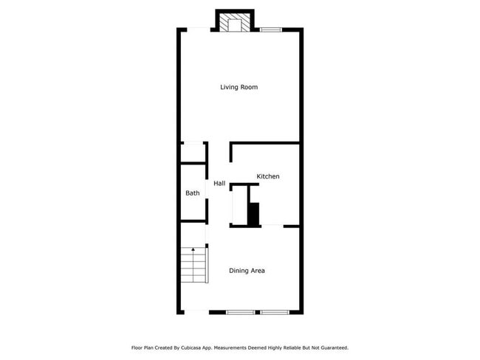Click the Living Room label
pyautogui.click(x=239, y=87)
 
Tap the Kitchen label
pyautogui.click(x=268, y=176)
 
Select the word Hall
pyautogui.click(x=219, y=183)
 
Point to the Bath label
pyautogui.click(x=192, y=193)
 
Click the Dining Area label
pyautogui.click(x=247, y=271)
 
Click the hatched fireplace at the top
pyautogui.click(x=235, y=23)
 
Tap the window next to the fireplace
pyautogui.click(x=270, y=30)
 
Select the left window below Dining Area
pyautogui.click(x=240, y=312)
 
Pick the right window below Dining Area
pyautogui.click(x=273, y=312)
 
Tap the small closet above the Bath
pyautogui.click(x=193, y=153)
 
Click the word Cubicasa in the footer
pyautogui.click(x=194, y=347)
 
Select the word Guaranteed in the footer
pyautogui.click(x=332, y=347)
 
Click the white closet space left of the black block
pyautogui.click(x=240, y=206)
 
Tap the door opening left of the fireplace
pyautogui.click(x=198, y=30)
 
